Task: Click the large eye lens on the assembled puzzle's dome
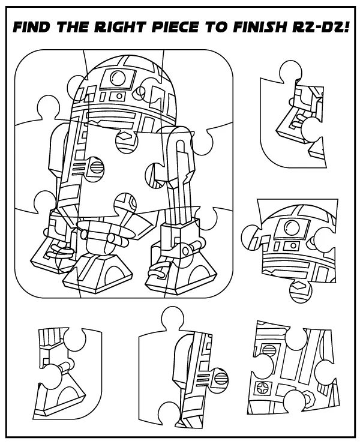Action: pos(115,76)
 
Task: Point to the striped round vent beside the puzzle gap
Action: pos(151,175)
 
